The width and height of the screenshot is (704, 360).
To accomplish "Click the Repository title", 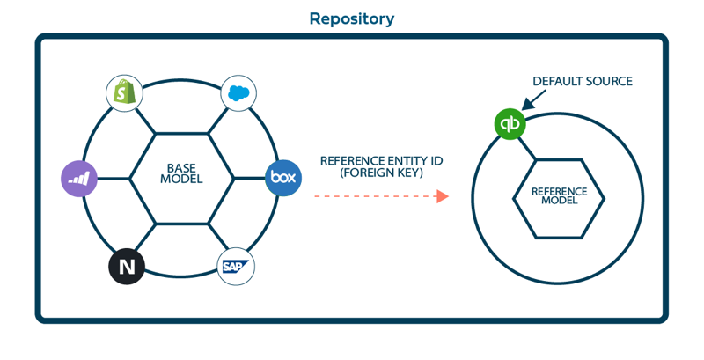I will click(351, 18).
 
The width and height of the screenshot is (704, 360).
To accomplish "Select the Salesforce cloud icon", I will click(237, 92).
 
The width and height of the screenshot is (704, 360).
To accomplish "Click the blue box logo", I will click(282, 178).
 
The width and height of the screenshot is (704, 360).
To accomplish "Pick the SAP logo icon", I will click(236, 266).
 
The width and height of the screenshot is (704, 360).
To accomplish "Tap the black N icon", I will click(127, 267).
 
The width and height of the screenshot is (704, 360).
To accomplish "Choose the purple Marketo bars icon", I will click(79, 178).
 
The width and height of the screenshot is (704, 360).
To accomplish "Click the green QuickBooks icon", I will click(510, 124).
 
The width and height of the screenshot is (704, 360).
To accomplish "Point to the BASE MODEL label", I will click(182, 173).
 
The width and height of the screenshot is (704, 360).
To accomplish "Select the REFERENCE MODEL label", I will click(559, 195).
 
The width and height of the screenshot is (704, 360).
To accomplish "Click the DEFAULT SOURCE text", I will click(582, 82).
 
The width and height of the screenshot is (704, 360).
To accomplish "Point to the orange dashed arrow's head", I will click(443, 196).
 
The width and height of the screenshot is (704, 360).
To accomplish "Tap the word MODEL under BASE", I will click(182, 180).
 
